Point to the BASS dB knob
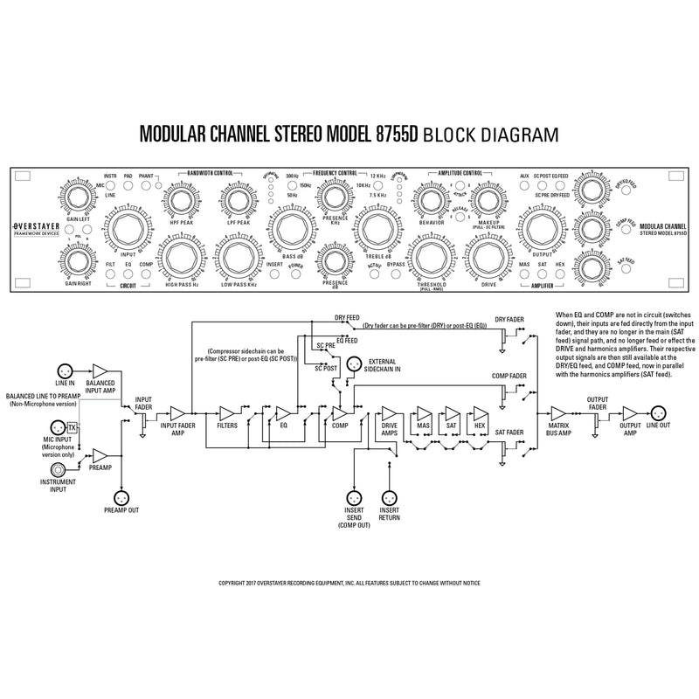[x=291, y=232]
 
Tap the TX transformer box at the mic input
[x=73, y=426]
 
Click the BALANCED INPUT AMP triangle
[x=100, y=371]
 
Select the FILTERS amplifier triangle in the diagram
[x=228, y=412]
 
